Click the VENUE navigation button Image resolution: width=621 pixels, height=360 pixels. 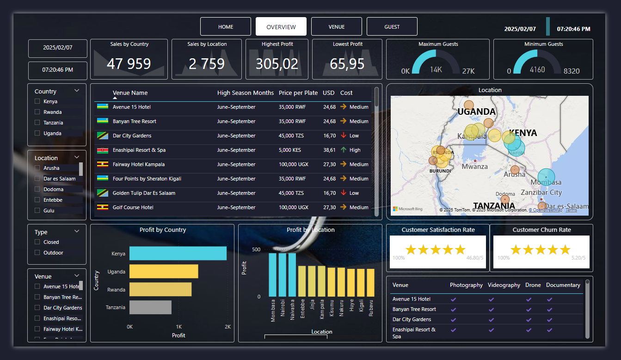[x=336, y=27]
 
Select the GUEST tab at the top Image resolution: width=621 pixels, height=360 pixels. [x=392, y=27]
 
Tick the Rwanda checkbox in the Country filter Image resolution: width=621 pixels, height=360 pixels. [x=37, y=112]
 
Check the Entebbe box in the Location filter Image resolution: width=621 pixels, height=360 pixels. [x=37, y=200]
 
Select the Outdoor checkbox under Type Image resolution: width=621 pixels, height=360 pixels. [x=37, y=253]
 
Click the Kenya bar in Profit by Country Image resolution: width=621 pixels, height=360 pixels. [x=178, y=254]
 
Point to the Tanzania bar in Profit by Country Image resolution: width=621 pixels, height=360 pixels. [x=150, y=307]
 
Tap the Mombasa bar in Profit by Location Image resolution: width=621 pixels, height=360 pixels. [x=272, y=274]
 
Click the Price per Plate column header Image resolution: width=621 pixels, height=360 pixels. [x=298, y=93]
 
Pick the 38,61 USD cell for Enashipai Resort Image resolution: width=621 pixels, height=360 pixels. [x=329, y=150]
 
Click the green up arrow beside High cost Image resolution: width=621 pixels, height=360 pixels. [x=343, y=150]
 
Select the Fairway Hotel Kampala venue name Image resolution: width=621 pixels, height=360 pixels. [x=138, y=164]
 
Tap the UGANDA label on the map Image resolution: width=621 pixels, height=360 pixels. [x=476, y=112]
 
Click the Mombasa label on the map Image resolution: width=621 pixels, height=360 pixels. [x=546, y=182]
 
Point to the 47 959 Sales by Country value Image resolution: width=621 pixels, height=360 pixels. [x=129, y=64]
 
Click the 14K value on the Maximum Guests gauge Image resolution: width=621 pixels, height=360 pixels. [x=436, y=69]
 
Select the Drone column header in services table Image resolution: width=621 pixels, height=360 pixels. [x=533, y=285]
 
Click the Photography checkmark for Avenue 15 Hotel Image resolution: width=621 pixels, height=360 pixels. [x=453, y=299]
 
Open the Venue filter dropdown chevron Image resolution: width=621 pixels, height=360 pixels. [x=77, y=276]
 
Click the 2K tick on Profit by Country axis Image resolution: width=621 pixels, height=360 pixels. [x=227, y=327]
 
